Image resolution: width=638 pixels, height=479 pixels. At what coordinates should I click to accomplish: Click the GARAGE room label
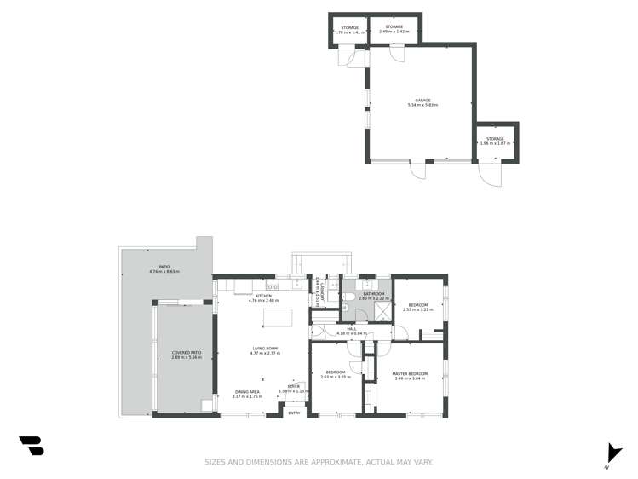(x=421, y=101)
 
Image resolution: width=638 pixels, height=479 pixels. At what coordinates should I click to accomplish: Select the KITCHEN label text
(x=263, y=296)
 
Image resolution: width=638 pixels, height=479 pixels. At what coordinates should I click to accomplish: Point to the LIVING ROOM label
(x=265, y=348)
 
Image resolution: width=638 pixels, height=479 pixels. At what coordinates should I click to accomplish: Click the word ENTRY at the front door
(x=294, y=413)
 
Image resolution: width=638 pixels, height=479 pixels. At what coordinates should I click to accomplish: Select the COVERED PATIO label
(x=186, y=352)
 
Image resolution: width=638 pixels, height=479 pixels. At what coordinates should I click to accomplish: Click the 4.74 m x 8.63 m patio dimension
(x=164, y=271)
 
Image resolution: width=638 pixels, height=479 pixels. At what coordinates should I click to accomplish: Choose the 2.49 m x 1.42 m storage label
(x=394, y=32)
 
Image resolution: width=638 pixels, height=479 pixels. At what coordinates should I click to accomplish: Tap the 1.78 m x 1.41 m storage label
(x=349, y=32)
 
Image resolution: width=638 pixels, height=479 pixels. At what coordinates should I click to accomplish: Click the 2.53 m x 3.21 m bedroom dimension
(x=418, y=309)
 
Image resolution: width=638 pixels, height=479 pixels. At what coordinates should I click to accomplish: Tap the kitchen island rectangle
(x=278, y=318)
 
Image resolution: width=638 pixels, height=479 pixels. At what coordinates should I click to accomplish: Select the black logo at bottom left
(x=32, y=446)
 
